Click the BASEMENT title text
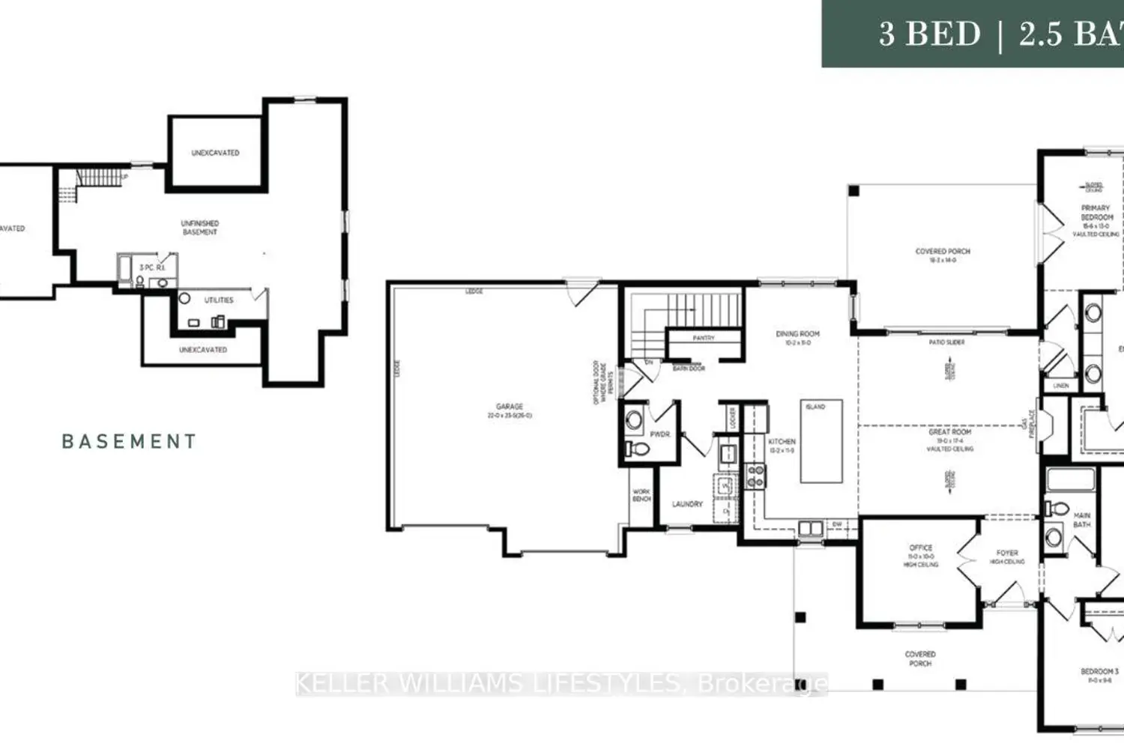[129, 442]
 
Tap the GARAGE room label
[510, 407]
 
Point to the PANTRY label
[703, 339]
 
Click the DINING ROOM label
[797, 334]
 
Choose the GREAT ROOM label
[949, 432]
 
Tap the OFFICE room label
[921, 548]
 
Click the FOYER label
[1007, 554]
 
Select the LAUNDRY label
[687, 504]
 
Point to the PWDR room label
[660, 434]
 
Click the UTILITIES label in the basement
[219, 300]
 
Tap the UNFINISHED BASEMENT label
[200, 228]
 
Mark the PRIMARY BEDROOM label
[1096, 213]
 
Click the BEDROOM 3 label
[1099, 672]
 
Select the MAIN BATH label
[1081, 520]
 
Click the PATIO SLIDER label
[946, 342]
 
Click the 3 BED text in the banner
[929, 34]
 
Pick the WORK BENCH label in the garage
[641, 495]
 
